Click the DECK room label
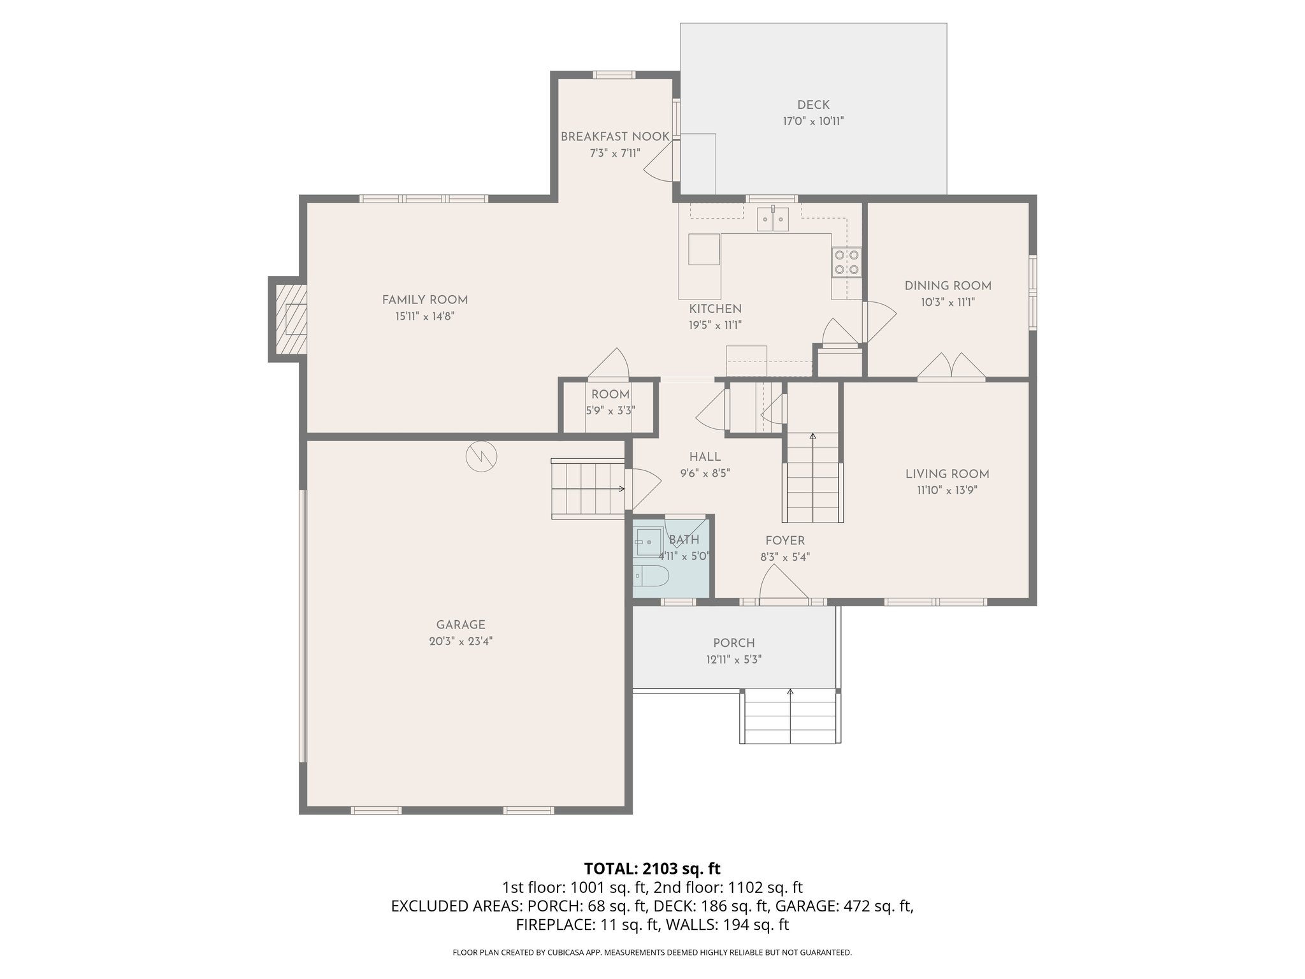[x=813, y=105]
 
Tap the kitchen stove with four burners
[x=846, y=262]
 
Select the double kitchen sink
[x=773, y=219]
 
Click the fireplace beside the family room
[x=290, y=319]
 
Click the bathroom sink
[x=647, y=542]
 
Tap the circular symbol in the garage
[x=481, y=456]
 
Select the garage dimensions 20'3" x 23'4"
[x=461, y=641]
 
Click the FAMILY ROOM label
[x=424, y=300]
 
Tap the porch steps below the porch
[x=790, y=716]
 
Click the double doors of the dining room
[x=951, y=368]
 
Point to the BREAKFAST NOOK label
[x=614, y=136]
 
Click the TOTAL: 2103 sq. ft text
[x=652, y=868]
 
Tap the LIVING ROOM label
[x=947, y=474]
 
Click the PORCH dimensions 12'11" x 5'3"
[x=733, y=660]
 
